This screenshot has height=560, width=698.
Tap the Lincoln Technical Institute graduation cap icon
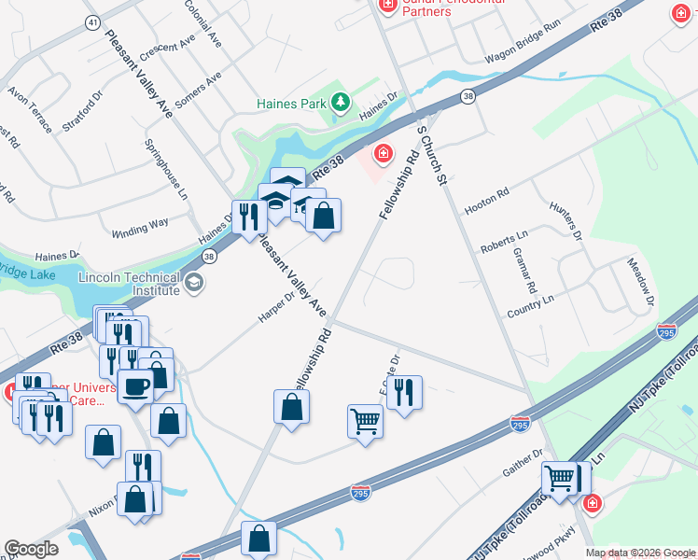[195, 283]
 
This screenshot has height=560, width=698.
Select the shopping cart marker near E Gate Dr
[365, 421]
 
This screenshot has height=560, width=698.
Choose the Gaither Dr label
[523, 464]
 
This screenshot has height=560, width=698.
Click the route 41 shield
[91, 21]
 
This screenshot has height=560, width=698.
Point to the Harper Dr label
[276, 308]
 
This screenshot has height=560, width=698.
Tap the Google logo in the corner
[31, 549]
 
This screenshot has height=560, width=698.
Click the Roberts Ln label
[504, 244]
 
